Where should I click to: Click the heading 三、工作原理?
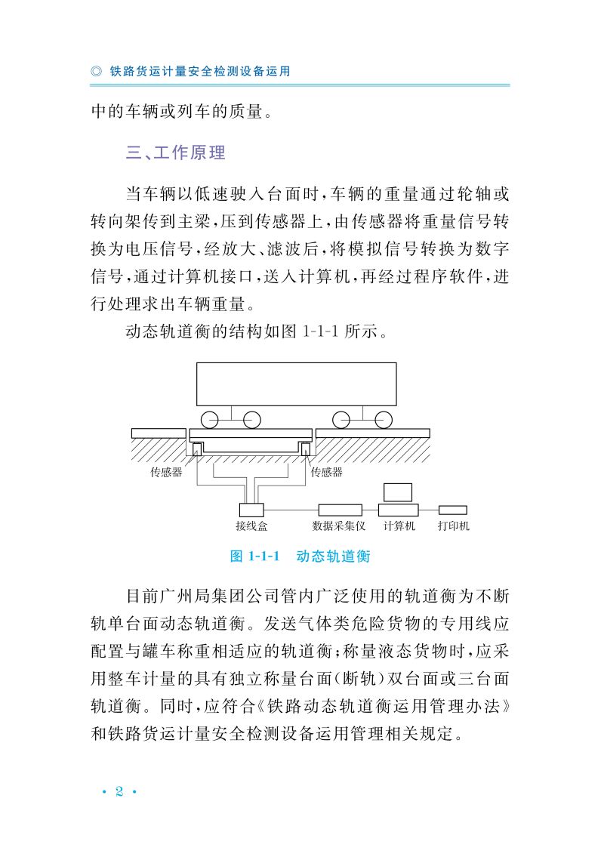176,153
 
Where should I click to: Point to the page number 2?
119,791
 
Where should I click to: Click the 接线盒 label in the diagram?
251,526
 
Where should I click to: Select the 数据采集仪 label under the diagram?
339,526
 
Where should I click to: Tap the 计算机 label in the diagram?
399,526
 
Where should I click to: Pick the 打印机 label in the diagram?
454,526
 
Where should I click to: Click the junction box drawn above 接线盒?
251,510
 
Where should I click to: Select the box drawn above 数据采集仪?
340,510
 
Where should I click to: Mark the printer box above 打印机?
453,510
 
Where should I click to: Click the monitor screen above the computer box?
398,492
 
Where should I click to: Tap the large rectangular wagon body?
296,384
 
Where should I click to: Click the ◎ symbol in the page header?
96,72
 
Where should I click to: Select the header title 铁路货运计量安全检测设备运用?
200,72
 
